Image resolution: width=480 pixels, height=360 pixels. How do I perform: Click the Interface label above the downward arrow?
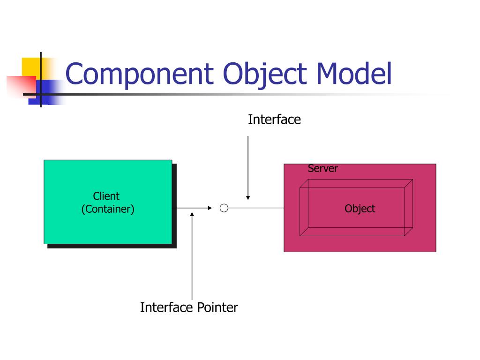(274, 120)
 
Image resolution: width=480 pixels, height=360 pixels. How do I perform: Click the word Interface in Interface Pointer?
(166, 307)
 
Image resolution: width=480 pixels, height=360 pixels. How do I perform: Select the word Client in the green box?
(106, 196)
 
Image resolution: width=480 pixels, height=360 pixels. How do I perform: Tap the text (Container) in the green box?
(108, 209)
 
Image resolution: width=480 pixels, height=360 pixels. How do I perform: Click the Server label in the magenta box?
(322, 169)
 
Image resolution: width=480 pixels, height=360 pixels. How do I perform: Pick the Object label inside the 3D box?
(360, 209)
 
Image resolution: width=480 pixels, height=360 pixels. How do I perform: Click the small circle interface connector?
(224, 208)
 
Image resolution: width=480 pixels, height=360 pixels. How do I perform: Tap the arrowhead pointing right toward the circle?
(210, 208)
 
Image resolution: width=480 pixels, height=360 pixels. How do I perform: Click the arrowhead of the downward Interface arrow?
(248, 197)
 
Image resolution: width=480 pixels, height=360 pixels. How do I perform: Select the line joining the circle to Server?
(256, 208)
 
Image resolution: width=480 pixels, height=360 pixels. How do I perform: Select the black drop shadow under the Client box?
(112, 246)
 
